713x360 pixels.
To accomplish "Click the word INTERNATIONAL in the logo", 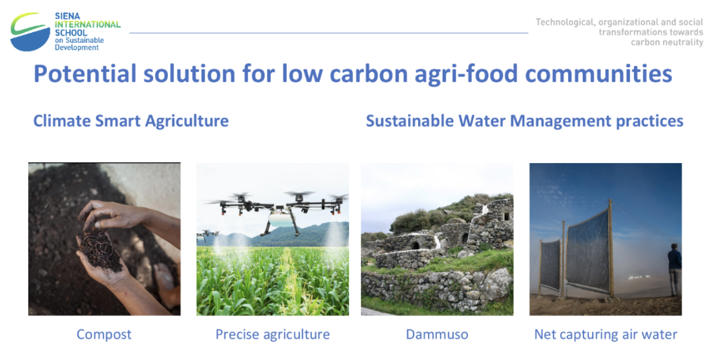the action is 87,25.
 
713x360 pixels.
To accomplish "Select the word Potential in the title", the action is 85,74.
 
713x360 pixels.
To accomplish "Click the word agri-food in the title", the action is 466,74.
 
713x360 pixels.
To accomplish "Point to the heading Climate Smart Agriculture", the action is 131,121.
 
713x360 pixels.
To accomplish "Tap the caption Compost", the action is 104,335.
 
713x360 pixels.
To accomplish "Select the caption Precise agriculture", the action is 273,335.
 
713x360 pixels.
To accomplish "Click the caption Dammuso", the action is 437,335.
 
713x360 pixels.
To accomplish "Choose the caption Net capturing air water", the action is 606,335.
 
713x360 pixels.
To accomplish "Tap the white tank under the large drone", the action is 281,219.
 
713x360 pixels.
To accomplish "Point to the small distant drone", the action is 207,235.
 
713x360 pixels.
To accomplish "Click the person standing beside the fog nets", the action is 674,270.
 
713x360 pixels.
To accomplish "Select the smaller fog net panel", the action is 551,265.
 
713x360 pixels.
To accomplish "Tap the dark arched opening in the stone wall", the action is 415,245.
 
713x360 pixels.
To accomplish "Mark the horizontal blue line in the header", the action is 328,33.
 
